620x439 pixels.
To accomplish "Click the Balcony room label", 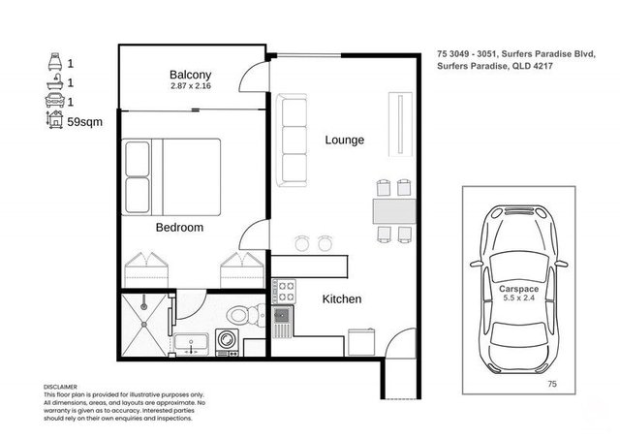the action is click(190, 75).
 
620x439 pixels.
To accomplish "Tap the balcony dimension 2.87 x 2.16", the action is click(191, 86).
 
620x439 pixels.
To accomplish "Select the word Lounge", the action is click(345, 140).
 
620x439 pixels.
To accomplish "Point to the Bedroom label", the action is click(179, 227).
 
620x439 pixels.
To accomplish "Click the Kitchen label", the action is click(342, 298).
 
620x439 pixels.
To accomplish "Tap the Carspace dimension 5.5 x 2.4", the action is click(519, 298).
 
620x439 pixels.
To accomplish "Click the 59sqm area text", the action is click(84, 122).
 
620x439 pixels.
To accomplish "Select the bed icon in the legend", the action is click(55, 61).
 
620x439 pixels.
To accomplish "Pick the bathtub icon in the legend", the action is click(55, 82).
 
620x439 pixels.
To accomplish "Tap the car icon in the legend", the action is click(55, 101).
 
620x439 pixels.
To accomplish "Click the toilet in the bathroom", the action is click(246, 315).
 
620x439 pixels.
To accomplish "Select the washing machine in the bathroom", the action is click(228, 342).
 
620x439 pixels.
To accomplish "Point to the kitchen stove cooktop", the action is click(284, 291).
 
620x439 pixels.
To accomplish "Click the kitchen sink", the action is click(282, 322).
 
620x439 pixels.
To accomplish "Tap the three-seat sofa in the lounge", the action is click(292, 140).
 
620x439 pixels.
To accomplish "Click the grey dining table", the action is click(394, 211).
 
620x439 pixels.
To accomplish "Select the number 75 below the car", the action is click(552, 383).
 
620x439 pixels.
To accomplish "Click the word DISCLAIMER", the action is click(60, 387).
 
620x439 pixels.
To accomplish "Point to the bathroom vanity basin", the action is click(192, 343).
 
